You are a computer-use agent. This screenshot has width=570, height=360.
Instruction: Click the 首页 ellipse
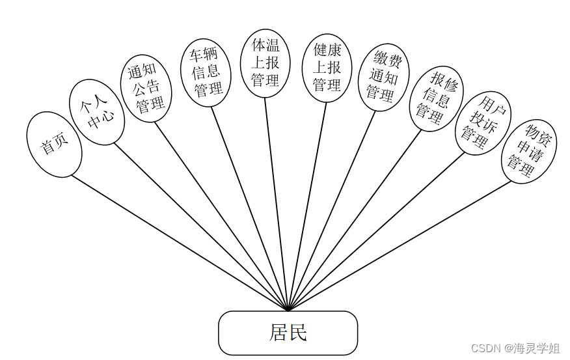click(54, 145)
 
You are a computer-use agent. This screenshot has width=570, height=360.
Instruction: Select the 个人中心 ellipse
click(97, 112)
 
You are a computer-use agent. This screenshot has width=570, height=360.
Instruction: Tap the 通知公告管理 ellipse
click(146, 88)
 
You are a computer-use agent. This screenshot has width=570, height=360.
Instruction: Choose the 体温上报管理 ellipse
click(265, 63)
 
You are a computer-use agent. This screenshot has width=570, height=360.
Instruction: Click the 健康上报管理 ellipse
click(327, 68)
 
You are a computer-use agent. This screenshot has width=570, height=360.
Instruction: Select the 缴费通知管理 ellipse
click(383, 77)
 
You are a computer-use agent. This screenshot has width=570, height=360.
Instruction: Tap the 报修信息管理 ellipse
click(435, 98)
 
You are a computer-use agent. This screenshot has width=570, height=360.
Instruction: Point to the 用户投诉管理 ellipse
click(483, 122)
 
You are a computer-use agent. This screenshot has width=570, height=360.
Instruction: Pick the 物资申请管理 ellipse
click(528, 151)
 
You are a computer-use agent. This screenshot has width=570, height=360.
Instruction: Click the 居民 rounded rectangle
click(288, 333)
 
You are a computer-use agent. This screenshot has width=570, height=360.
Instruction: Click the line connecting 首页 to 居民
click(179, 242)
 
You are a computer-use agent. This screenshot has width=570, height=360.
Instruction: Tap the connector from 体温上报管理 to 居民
click(276, 204)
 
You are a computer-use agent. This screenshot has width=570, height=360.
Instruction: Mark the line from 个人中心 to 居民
click(200, 226)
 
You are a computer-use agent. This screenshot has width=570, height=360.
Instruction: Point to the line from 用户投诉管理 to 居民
click(376, 231)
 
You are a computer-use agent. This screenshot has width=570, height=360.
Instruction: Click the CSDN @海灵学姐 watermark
click(515, 348)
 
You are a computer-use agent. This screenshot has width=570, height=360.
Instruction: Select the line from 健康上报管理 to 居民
click(307, 206)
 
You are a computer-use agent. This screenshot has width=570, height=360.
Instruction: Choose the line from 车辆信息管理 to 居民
click(249, 208)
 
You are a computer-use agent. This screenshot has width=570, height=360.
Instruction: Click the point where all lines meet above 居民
click(288, 310)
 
